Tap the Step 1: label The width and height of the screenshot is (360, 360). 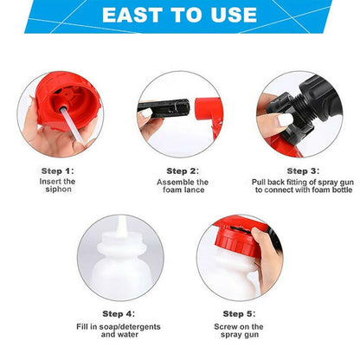[x=57, y=170]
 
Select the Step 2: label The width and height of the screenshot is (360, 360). [x=183, y=170]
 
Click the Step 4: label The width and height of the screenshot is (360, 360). [x=119, y=313]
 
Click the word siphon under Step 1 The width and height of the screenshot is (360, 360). [x=57, y=190]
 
